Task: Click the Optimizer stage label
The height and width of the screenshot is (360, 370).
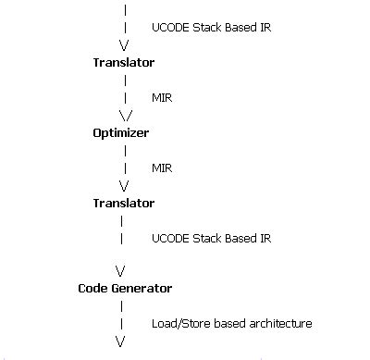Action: tap(120, 133)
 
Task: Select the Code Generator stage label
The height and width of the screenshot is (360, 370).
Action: tap(124, 289)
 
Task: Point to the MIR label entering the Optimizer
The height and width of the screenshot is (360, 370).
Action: tap(161, 97)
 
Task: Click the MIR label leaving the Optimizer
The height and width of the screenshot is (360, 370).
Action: tap(161, 168)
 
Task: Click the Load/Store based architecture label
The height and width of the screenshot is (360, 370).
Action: tap(231, 324)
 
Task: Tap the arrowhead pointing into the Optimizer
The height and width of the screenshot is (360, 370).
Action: tap(126, 116)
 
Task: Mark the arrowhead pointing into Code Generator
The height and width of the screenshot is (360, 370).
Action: tap(120, 270)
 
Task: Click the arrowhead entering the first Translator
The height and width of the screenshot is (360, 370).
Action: tap(123, 45)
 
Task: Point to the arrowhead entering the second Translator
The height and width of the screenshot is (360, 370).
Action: tap(124, 186)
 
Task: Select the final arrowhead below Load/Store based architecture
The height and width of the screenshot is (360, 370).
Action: tap(120, 341)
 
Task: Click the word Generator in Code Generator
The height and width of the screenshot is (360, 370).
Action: tap(142, 289)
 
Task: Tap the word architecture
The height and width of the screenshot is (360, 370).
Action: tap(277, 324)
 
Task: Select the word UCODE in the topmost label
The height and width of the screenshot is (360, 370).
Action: tap(169, 28)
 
